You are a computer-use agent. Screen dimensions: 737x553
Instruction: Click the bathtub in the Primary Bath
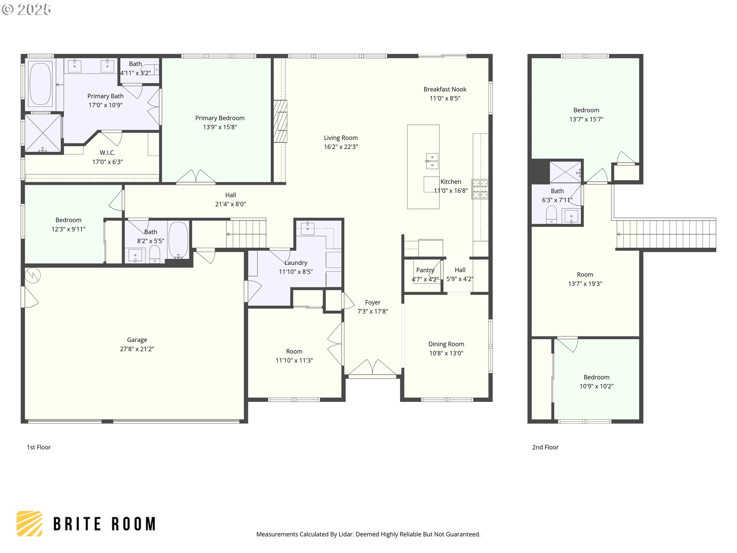(40, 84)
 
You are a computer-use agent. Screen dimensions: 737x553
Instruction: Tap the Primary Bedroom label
(220, 118)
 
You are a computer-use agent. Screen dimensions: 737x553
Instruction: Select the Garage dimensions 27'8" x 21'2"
(137, 349)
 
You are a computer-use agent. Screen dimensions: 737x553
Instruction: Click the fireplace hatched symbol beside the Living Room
(280, 121)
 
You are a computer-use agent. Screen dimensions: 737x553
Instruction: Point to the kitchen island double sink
(432, 161)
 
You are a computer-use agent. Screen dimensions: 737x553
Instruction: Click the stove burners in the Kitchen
(480, 189)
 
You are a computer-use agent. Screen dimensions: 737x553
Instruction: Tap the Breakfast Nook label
(445, 89)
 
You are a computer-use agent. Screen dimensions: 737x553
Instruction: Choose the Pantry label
(425, 270)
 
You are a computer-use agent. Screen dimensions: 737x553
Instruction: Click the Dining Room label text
(446, 344)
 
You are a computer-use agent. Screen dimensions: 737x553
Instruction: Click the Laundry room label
(296, 263)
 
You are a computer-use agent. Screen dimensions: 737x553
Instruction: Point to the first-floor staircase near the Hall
(246, 234)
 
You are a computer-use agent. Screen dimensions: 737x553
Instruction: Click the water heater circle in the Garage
(33, 275)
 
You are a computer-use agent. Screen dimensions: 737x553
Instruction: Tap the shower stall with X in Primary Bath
(43, 133)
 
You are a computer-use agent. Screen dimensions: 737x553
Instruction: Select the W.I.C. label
(107, 153)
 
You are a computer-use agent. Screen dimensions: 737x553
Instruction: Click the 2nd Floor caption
(545, 447)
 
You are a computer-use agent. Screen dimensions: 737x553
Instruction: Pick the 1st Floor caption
(39, 447)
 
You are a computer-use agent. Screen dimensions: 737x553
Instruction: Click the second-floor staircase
(666, 234)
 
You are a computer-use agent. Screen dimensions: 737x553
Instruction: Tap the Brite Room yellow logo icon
(30, 523)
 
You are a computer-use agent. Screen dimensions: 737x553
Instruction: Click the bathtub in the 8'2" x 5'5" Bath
(178, 240)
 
